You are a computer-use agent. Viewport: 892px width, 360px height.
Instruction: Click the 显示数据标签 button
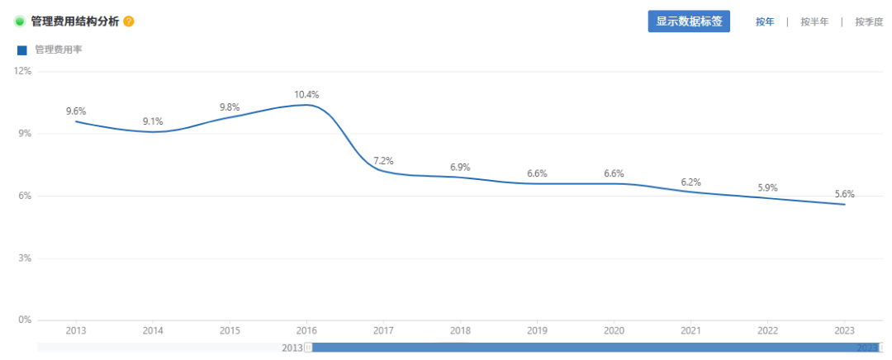689,21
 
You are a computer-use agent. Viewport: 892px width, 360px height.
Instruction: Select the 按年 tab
765,22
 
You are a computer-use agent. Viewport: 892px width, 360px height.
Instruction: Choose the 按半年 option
814,22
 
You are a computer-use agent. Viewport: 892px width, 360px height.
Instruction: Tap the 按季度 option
869,22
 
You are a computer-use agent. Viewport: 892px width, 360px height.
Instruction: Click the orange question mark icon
129,21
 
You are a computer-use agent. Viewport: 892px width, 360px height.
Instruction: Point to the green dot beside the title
20,21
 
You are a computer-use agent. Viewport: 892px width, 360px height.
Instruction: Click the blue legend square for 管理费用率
22,50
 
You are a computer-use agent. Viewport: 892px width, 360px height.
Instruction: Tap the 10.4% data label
306,94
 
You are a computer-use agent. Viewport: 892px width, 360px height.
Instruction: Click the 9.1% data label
153,121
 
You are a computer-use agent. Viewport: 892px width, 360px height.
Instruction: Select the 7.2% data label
383,160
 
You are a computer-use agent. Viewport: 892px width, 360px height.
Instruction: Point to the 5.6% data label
844,194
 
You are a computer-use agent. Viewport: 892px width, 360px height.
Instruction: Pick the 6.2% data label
690,182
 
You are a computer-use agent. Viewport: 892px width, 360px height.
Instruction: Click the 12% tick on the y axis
21,71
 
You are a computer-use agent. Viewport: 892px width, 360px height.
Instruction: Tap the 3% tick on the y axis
23,258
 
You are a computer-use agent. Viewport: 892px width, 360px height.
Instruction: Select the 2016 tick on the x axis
306,330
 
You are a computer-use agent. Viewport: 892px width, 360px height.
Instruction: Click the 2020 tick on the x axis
614,330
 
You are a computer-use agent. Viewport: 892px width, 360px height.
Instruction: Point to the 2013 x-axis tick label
76,330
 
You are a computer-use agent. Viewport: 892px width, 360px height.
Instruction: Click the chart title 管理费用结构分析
74,21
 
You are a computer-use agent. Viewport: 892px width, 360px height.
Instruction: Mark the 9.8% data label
230,107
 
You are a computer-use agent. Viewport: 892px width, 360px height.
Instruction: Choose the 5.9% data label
767,188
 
